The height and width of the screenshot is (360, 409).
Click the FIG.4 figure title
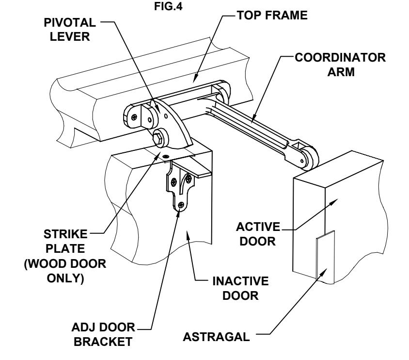[168, 6]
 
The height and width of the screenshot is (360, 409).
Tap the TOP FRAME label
[272, 15]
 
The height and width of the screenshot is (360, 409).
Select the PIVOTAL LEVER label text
[70, 30]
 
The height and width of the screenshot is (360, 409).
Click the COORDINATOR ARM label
[340, 65]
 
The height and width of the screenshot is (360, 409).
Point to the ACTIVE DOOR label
[258, 234]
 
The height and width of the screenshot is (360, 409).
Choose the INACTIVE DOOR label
[240, 288]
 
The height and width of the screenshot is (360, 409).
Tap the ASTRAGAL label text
[216, 337]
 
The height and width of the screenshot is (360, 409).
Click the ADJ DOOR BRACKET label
[103, 334]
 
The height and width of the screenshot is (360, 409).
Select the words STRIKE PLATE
[65, 241]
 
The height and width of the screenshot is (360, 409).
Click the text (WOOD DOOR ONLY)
[65, 271]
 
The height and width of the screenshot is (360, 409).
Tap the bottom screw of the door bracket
[181, 205]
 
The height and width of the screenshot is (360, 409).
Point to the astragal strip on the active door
[325, 257]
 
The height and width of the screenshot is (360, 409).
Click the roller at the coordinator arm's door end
[310, 159]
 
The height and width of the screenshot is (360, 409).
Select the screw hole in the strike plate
[166, 156]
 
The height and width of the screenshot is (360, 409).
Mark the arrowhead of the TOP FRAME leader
[196, 77]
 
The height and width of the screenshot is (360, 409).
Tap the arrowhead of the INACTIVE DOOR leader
[187, 235]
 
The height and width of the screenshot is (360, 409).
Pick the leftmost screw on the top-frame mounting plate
[134, 117]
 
